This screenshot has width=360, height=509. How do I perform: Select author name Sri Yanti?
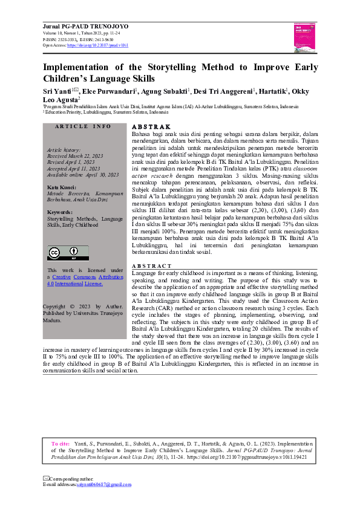55,91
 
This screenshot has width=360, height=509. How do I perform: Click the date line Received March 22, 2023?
75,155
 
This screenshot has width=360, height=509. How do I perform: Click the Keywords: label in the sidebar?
60,212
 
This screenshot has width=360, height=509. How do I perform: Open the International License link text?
77,283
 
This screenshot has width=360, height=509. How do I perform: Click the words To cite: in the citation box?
61,444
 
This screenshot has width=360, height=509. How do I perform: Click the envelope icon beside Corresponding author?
45,478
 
